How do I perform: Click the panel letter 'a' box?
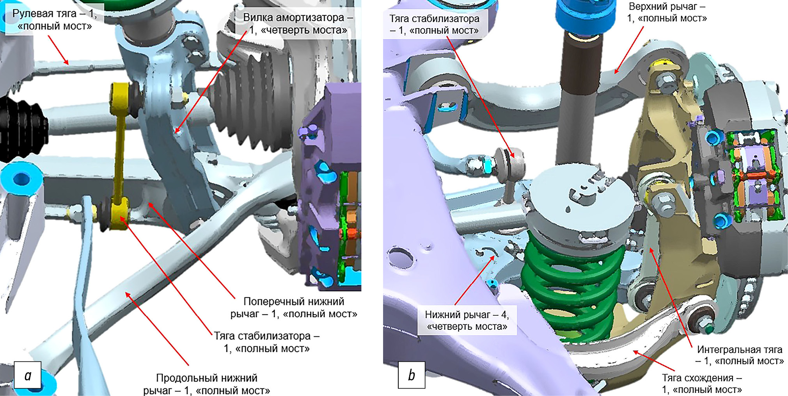28,375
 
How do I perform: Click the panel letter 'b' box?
412,375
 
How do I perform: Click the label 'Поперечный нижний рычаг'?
294,308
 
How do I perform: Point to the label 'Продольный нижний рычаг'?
207,384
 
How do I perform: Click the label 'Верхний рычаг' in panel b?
667,12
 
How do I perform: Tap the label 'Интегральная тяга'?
739,355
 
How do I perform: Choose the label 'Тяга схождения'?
702,384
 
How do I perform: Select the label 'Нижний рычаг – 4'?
467,320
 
